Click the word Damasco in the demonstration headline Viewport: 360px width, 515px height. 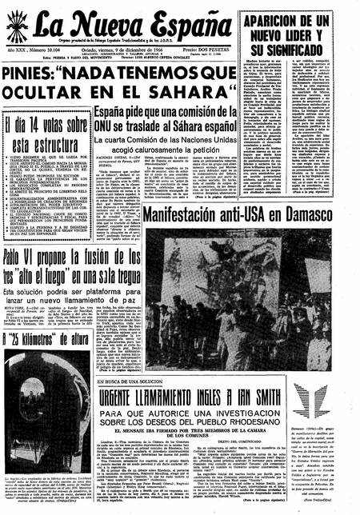coord(318,213)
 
